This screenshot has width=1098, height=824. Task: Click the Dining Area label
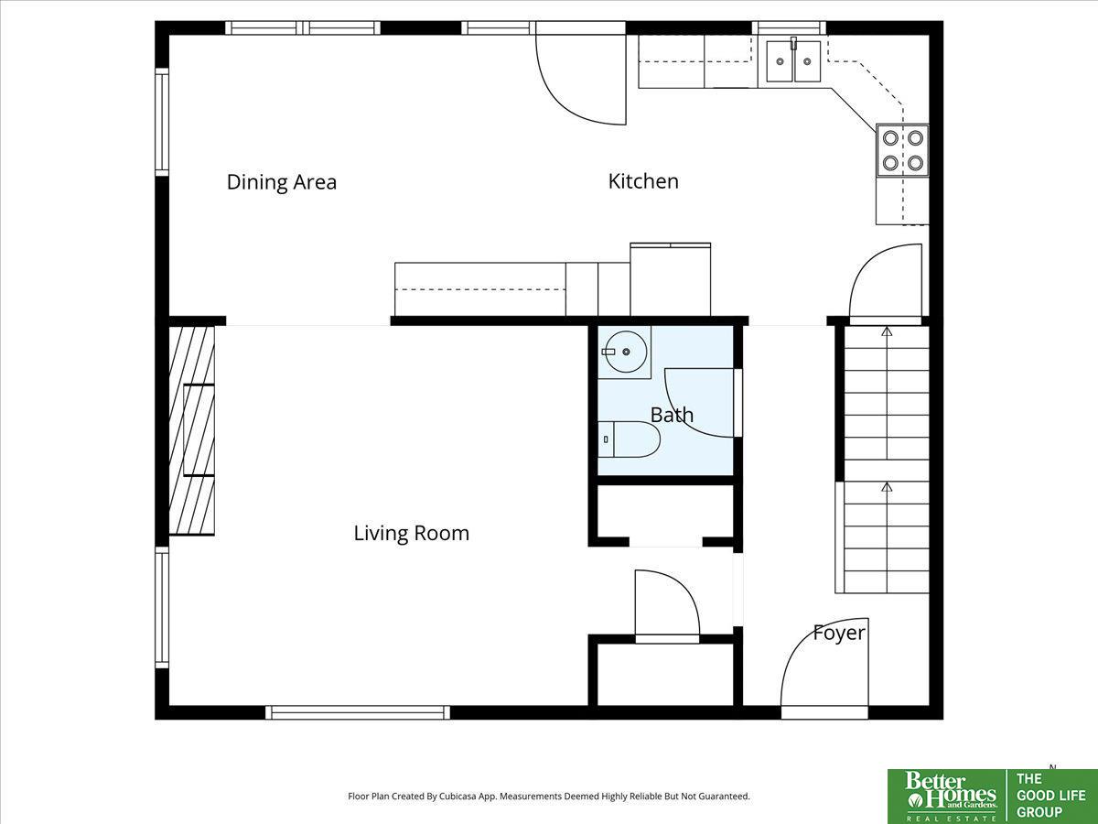(282, 182)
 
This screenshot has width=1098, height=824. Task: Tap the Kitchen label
(643, 181)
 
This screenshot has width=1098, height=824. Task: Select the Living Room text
(411, 534)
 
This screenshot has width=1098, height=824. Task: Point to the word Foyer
(839, 634)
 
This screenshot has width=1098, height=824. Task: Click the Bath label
(672, 415)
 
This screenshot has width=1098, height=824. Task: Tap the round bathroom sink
(625, 352)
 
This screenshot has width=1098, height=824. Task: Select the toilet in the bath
(630, 439)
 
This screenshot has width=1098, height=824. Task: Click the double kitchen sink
(793, 61)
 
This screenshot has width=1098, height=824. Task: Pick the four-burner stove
(902, 150)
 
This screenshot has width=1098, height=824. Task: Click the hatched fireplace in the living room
(192, 430)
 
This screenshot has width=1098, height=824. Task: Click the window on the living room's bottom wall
(357, 712)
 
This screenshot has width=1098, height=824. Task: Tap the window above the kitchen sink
(789, 27)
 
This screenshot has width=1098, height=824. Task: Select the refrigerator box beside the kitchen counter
(671, 279)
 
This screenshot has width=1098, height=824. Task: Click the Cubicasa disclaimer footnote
(549, 796)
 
